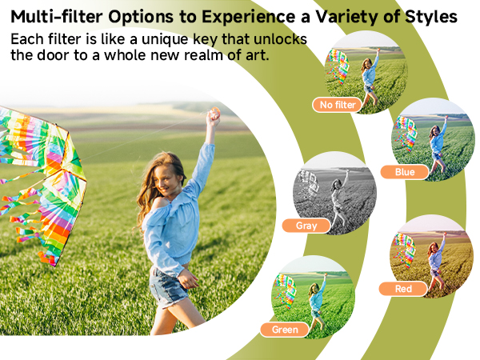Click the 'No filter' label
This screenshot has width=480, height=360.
[336, 104]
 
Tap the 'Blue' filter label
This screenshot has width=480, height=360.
[405, 172]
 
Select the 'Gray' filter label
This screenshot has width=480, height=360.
[306, 226]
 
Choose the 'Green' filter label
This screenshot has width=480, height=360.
[285, 329]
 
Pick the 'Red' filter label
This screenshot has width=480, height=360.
[404, 288]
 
